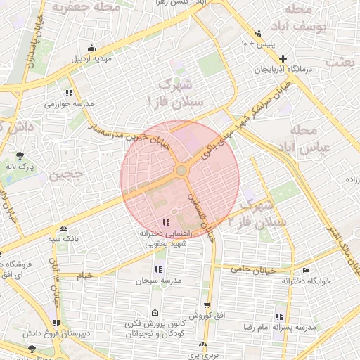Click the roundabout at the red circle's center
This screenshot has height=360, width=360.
[181, 170]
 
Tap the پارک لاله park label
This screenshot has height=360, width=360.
[21, 167]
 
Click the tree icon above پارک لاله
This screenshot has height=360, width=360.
[21, 155]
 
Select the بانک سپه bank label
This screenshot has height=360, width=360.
[63, 239]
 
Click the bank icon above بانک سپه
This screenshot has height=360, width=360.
[63, 229]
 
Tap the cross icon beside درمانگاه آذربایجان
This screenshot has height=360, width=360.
[283, 58]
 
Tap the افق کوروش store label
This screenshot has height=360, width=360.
[206, 316]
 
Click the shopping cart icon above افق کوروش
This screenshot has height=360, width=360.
[206, 305]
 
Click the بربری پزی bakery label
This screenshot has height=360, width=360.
[203, 356]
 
